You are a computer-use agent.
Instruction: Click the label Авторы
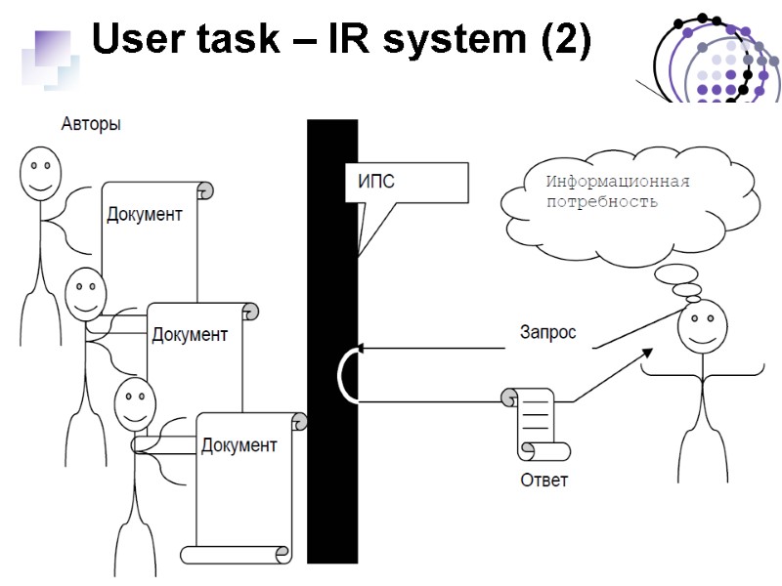click(91, 125)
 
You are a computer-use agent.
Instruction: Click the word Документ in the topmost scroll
click(144, 215)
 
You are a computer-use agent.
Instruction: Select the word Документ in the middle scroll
click(190, 335)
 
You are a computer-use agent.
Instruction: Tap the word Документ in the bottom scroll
click(239, 446)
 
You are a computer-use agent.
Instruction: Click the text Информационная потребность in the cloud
click(617, 192)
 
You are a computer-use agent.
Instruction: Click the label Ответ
click(543, 481)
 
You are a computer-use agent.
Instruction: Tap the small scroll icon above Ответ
click(534, 425)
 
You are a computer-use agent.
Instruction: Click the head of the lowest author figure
click(135, 402)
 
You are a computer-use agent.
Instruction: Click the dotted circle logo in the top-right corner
click(716, 59)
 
